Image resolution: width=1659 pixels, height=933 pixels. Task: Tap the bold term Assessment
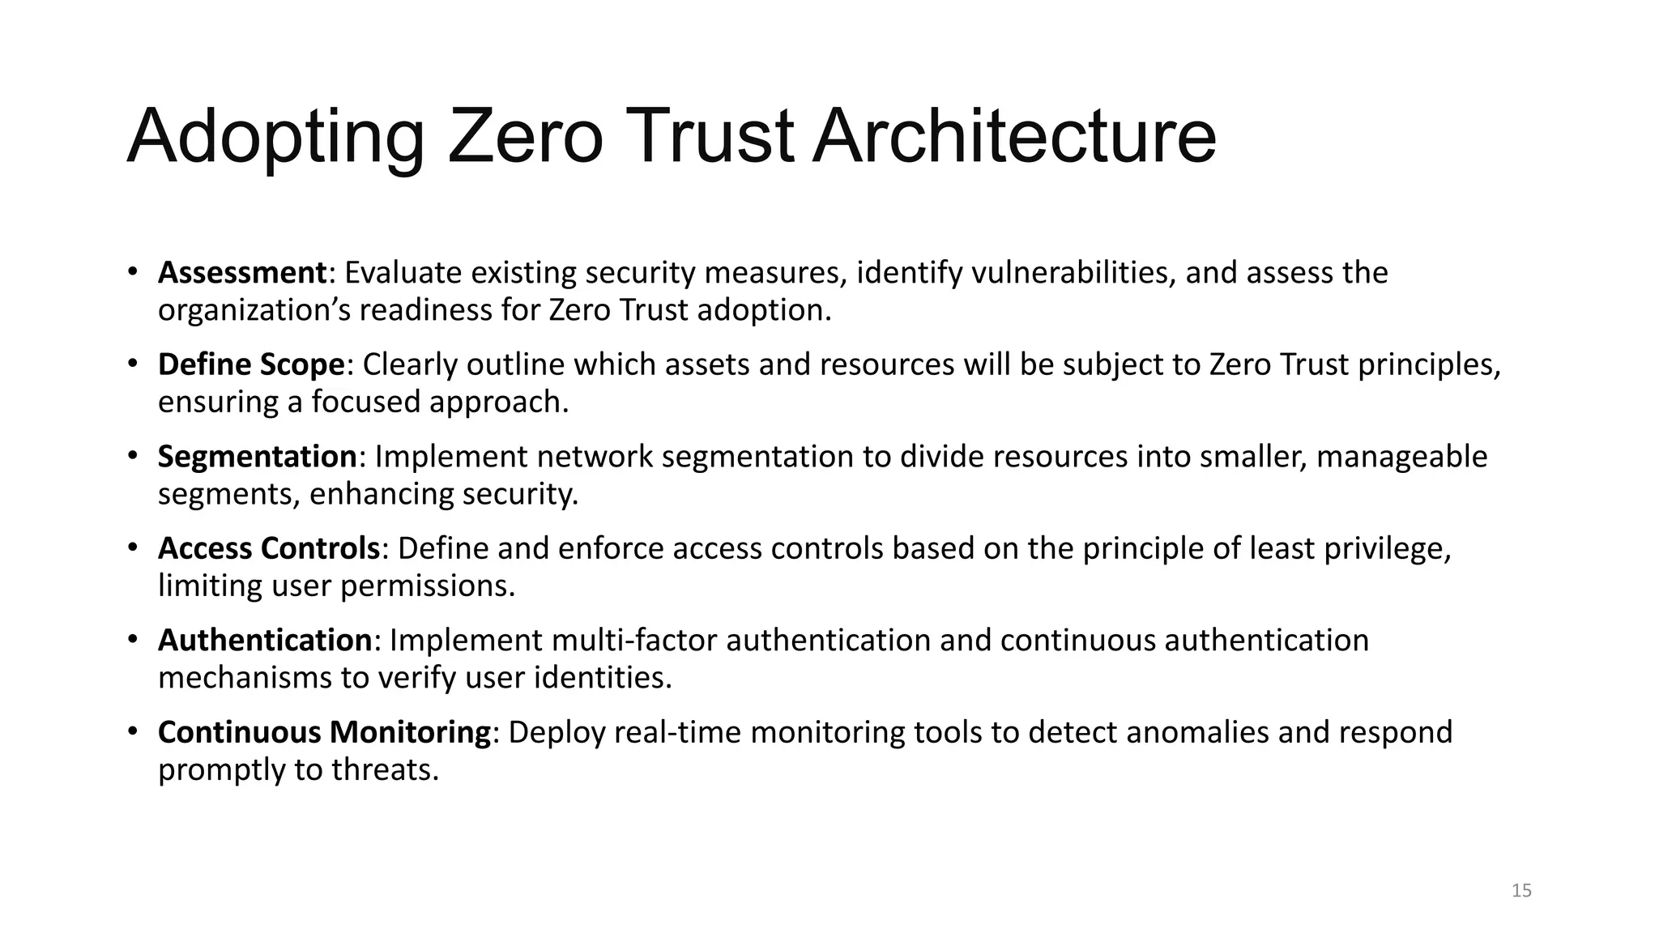tap(241, 273)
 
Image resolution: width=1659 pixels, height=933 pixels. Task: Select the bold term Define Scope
tap(251, 364)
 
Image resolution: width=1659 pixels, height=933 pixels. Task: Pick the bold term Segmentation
tap(257, 457)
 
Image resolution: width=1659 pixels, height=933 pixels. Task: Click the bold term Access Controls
tap(269, 548)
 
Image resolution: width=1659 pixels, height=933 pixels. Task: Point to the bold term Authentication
tap(264, 640)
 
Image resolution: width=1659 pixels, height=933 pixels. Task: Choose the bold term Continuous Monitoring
tap(324, 732)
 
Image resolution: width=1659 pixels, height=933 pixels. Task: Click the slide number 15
tap(1521, 891)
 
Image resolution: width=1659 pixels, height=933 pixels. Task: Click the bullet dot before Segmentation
tap(133, 456)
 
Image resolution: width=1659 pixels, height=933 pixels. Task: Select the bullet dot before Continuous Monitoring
tap(133, 731)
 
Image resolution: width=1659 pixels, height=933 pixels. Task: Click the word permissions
tap(427, 586)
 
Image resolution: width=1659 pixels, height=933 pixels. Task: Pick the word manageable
tap(1401, 457)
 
